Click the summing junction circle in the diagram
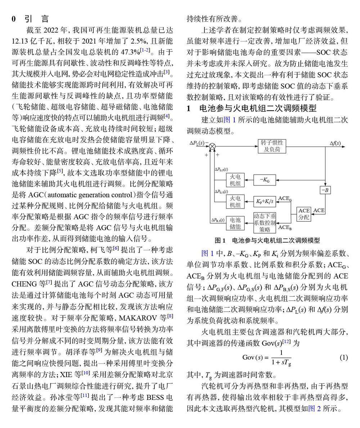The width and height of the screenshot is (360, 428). [x=212, y=146]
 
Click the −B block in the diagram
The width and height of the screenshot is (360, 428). [x=325, y=190]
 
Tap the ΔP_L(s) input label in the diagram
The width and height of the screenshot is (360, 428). [x=197, y=143]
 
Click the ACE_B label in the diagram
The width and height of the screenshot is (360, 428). [x=285, y=227]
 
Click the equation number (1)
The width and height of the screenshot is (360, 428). [x=344, y=357]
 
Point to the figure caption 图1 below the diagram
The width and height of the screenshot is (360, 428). [x=267, y=240]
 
